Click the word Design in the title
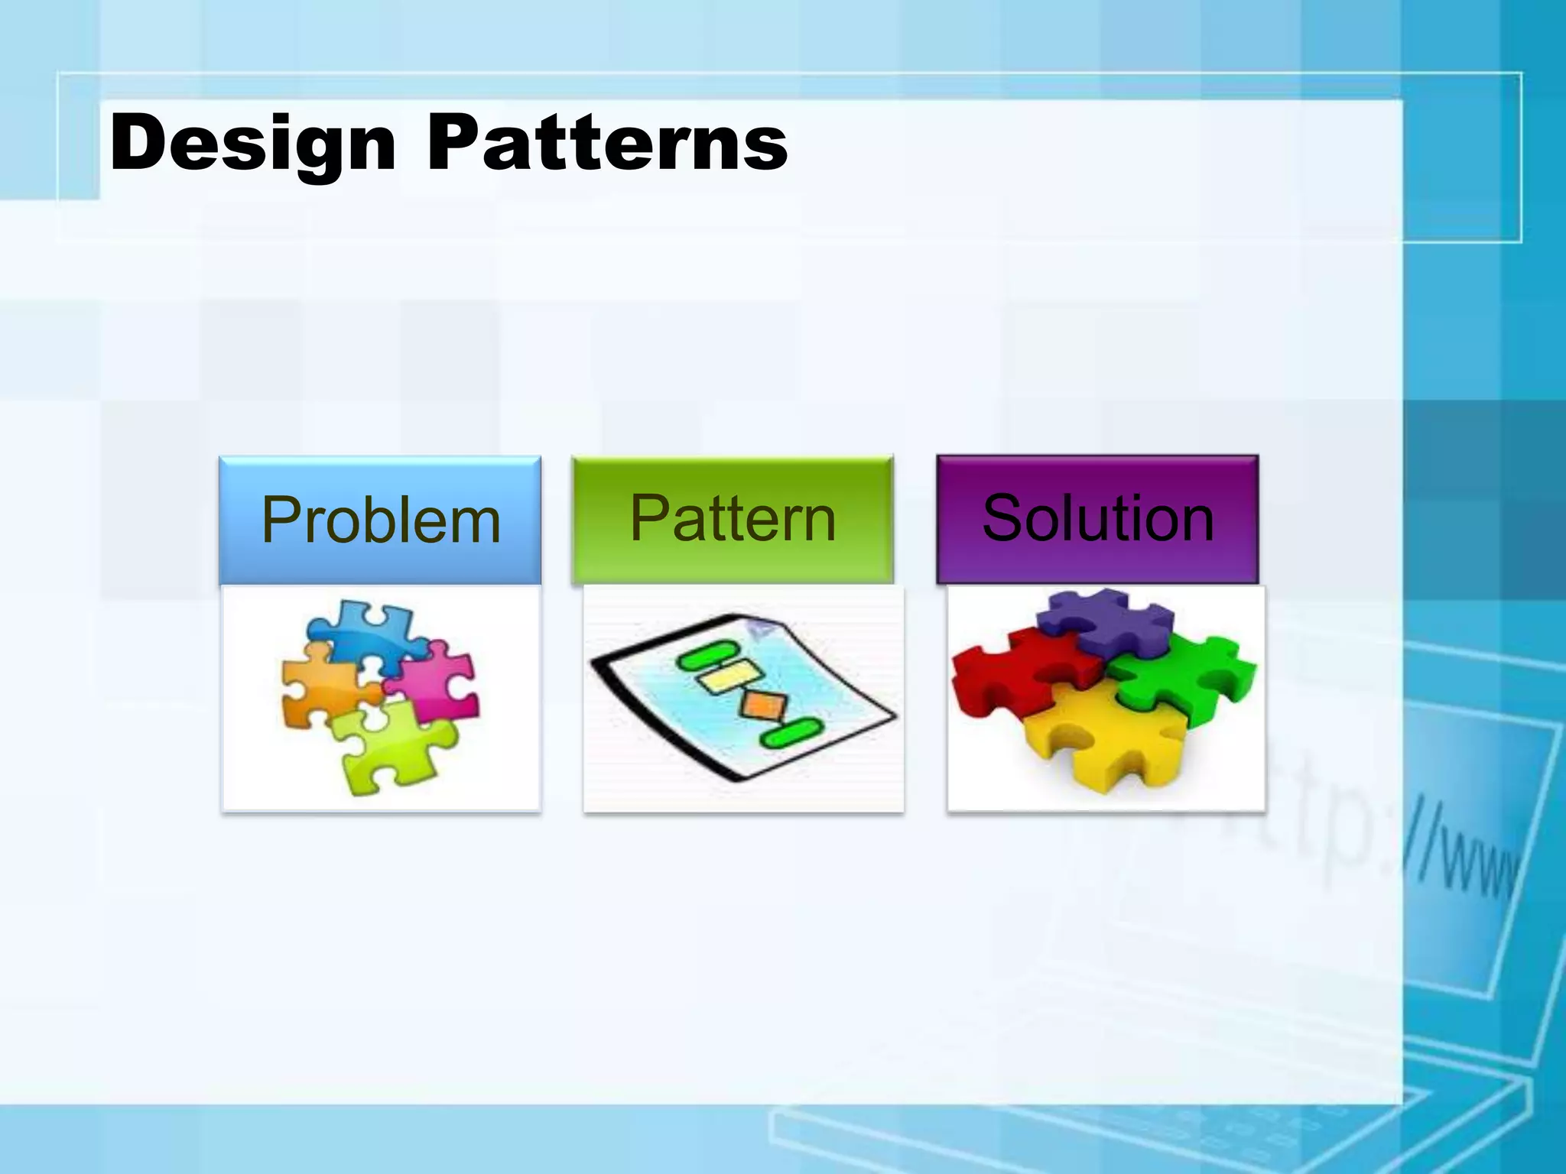click(x=252, y=144)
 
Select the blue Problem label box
click(x=380, y=520)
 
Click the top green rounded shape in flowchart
click(x=708, y=657)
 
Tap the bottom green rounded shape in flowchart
click(x=791, y=733)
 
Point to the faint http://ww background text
click(x=1376, y=841)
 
